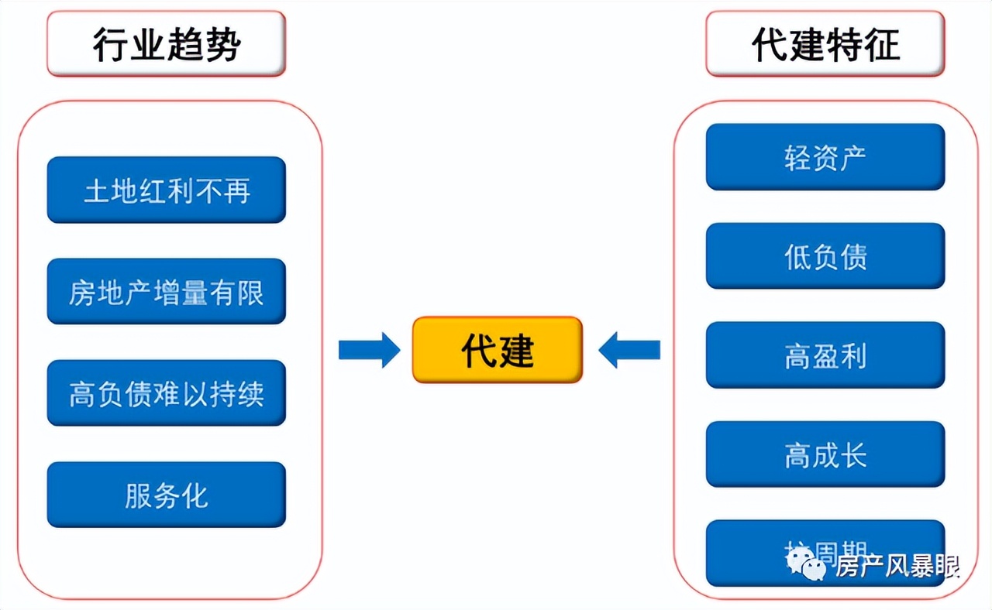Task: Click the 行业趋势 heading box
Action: pos(166,44)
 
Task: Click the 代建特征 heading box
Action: pos(825,44)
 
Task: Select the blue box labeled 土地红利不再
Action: pos(166,190)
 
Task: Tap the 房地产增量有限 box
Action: pos(166,292)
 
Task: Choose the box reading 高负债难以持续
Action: pos(166,393)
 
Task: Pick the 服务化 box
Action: pos(166,495)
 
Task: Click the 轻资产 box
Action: pos(825,157)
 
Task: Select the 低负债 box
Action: pos(825,256)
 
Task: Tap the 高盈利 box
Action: pos(825,355)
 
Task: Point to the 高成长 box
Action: pos(825,454)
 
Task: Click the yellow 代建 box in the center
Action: pos(497,350)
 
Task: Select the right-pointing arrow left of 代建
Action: pos(369,351)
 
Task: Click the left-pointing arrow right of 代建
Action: pos(629,351)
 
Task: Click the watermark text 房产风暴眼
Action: pos(897,567)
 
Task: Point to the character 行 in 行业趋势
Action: pos(110,45)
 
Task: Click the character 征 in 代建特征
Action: pos(881,45)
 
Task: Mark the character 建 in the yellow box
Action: pos(516,351)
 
